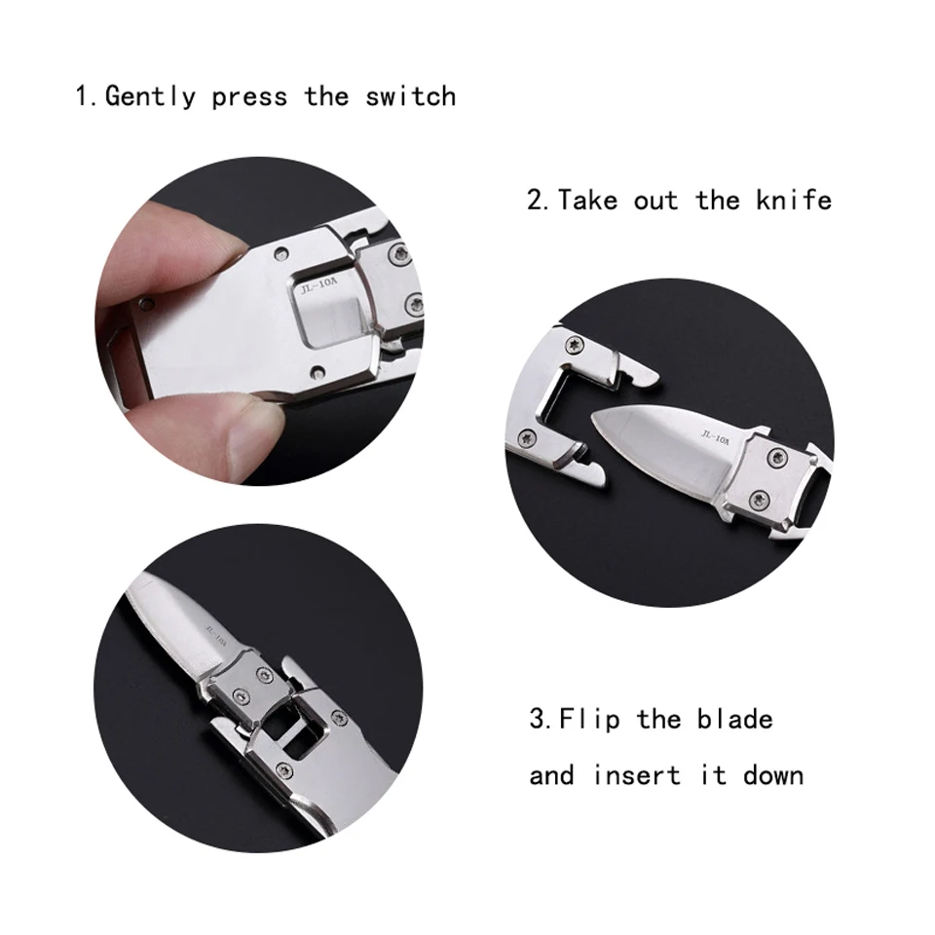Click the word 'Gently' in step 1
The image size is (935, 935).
(150, 97)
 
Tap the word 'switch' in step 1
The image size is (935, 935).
(411, 96)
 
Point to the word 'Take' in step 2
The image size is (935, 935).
(588, 200)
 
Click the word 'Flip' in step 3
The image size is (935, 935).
(590, 720)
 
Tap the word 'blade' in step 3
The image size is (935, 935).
(735, 719)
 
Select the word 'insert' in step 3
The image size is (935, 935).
(637, 775)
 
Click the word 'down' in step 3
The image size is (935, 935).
(773, 775)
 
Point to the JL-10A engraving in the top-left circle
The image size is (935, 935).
(319, 286)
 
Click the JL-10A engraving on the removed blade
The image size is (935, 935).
(715, 437)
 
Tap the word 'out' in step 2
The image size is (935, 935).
(655, 201)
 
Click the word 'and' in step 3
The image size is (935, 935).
(551, 775)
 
